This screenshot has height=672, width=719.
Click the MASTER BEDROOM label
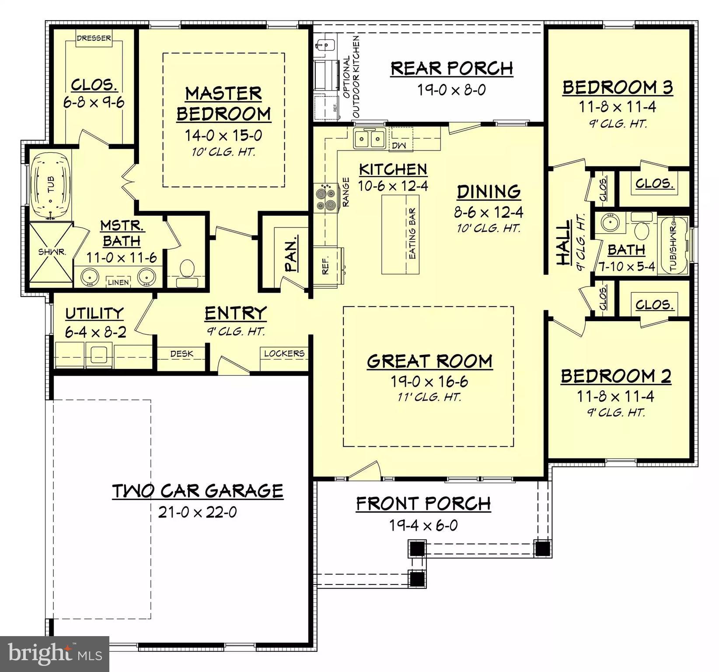[x=223, y=104]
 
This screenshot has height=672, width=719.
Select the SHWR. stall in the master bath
[x=51, y=252]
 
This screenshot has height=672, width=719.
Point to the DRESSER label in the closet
[x=94, y=38]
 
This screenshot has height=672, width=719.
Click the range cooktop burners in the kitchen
[x=326, y=198]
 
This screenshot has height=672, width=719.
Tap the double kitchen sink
[x=369, y=139]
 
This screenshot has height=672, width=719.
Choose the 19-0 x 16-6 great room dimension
[x=429, y=381]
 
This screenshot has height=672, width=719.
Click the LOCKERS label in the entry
[x=284, y=353]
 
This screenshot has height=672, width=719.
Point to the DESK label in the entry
[x=181, y=353]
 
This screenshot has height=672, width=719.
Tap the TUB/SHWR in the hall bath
[x=673, y=245]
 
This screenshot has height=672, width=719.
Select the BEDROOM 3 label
[x=618, y=87]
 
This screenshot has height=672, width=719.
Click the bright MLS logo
[x=55, y=654]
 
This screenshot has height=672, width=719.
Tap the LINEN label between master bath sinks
[x=118, y=282]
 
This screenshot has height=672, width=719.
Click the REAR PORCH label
[x=451, y=68]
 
